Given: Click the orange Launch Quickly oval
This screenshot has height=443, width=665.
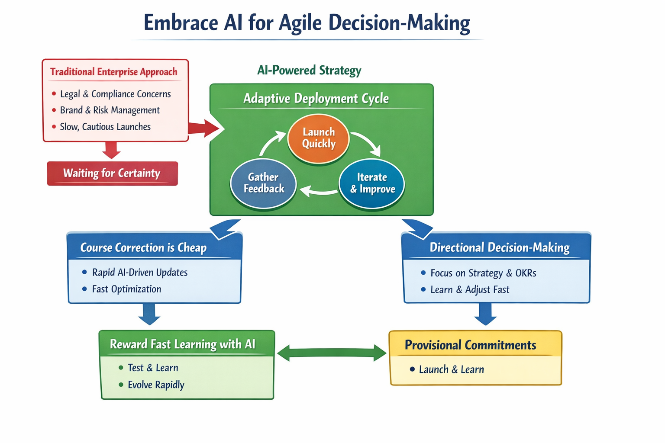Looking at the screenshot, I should pos(318,138).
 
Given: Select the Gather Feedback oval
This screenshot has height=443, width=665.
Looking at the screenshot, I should pos(263,183).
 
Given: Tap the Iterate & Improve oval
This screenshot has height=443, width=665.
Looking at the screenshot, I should pos(372,183).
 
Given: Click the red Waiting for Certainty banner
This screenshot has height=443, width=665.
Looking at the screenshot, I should pos(112,173).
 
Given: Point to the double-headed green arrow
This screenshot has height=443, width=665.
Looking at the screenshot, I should pos(332,353).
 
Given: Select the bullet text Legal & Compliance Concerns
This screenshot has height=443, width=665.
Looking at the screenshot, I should pos(115,94).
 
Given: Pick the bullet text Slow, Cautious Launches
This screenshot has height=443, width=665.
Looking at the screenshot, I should pos(105,127).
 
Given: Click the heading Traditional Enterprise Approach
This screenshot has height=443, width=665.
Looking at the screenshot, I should pos(114,72).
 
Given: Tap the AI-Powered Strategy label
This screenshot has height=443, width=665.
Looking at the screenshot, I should pos(309,70).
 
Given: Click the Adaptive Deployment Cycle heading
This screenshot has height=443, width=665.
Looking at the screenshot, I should pos(316,99).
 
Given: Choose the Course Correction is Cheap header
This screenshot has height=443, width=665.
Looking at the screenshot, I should pos(143,247).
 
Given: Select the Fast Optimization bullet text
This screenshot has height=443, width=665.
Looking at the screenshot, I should pos(126,289).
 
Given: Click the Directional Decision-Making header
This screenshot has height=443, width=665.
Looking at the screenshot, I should pos(499,247).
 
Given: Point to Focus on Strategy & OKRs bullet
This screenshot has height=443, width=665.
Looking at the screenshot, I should pos(483,273).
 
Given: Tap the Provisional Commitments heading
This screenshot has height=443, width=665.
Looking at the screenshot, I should pos(470,345).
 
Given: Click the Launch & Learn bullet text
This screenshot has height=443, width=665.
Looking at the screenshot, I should pos(451,369).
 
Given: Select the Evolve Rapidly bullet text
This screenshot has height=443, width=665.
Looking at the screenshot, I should pos(156,385).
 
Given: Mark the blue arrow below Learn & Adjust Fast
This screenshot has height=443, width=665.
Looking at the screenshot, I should pos(485,315).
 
